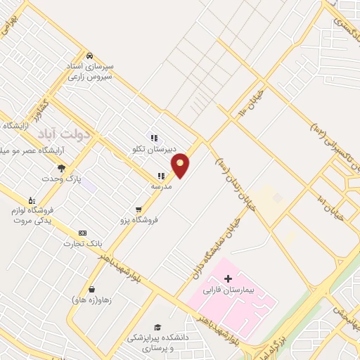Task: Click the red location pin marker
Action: [180, 165]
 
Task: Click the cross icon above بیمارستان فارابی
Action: [228, 278]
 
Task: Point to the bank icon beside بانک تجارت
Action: [83, 233]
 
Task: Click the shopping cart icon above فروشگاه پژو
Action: [139, 209]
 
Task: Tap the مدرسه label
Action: [161, 186]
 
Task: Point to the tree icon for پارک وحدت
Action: [61, 167]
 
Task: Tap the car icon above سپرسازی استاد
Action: [89, 56]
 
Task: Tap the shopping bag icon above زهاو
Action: [91, 289]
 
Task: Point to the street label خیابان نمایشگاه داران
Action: [218, 243]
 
